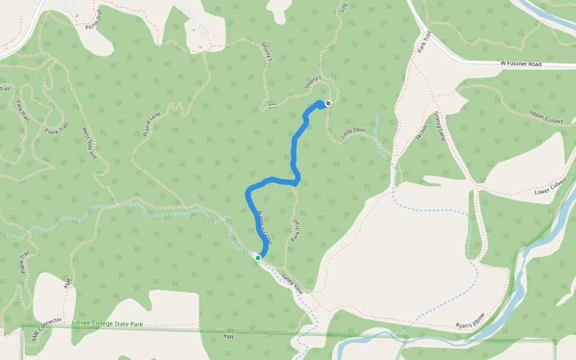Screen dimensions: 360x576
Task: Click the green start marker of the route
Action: (x=258, y=257)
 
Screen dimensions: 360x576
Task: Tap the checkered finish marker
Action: (x=328, y=103)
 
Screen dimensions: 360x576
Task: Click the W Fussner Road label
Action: (x=521, y=64)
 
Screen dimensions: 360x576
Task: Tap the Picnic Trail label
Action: (x=99, y=22)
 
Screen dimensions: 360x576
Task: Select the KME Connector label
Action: (x=47, y=329)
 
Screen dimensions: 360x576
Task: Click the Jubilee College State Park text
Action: (x=107, y=324)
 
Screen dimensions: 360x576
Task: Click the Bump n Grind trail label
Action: (x=264, y=227)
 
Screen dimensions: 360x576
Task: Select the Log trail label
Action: (x=344, y=8)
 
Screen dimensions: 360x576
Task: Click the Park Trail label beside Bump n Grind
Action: (x=295, y=230)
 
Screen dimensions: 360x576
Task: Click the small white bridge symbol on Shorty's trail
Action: (x=273, y=106)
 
